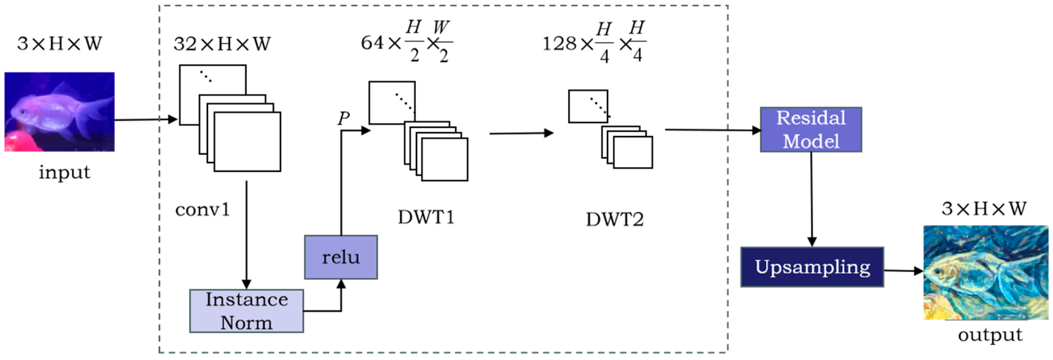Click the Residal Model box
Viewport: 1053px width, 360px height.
(x=811, y=129)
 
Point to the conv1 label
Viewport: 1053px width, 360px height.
(x=203, y=210)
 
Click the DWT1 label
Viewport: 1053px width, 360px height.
(x=426, y=217)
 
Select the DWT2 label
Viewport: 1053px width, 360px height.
(x=614, y=220)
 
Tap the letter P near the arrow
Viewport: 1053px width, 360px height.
(x=343, y=118)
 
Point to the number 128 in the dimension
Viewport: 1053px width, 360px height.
(x=559, y=43)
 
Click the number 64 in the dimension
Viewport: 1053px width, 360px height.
(x=372, y=42)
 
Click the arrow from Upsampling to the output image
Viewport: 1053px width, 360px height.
(x=903, y=271)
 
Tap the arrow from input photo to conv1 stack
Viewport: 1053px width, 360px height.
(x=145, y=120)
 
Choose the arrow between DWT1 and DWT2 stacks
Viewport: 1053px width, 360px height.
(x=521, y=133)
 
